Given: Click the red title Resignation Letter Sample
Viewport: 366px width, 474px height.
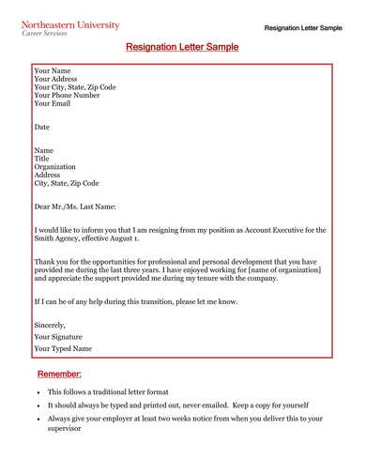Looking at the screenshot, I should point(182,46).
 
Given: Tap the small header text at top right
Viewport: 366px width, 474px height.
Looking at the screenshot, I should point(303,28).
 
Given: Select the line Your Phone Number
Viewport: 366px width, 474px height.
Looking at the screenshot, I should point(67,95).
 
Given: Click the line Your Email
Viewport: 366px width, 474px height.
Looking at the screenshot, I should point(52,103).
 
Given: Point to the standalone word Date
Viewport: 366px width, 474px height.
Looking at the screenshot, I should point(42,127).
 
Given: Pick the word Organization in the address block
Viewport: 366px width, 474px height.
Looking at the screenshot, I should point(55,167).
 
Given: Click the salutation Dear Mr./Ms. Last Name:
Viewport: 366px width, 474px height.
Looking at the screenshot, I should point(75,206).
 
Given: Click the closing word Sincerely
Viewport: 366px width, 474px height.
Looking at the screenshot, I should point(50,325).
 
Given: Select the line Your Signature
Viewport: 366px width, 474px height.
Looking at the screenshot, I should point(58,336).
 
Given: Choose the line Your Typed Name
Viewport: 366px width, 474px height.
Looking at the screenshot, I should point(63,348).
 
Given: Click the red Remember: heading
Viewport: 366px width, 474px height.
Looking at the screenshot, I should point(66,375).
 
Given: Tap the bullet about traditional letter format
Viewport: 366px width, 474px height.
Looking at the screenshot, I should point(109,391).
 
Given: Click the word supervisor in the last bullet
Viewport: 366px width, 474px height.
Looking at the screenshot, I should point(66,428).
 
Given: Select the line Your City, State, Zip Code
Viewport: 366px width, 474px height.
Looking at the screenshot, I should point(75,86).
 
